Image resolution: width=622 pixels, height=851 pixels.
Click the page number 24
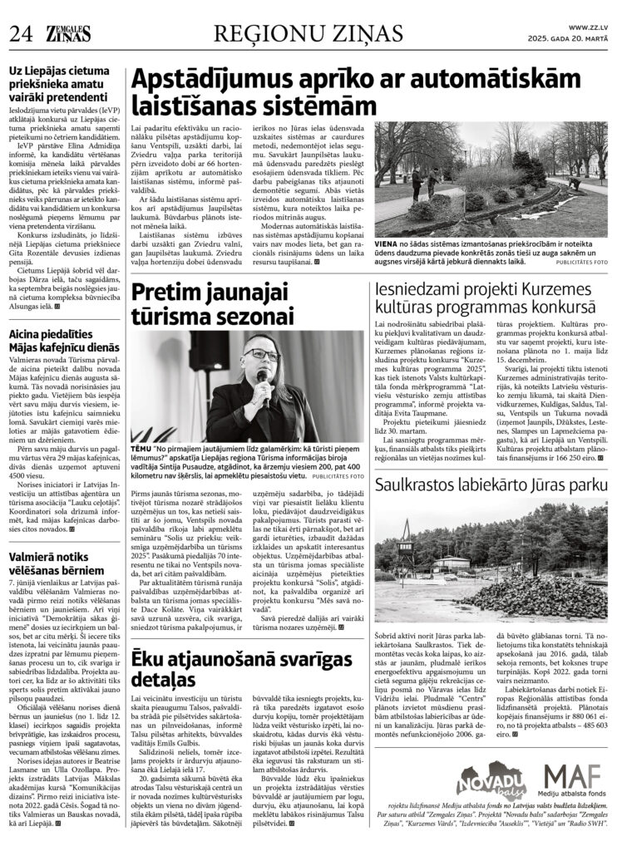(x=20, y=33)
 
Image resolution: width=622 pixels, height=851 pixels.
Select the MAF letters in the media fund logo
(x=574, y=780)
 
